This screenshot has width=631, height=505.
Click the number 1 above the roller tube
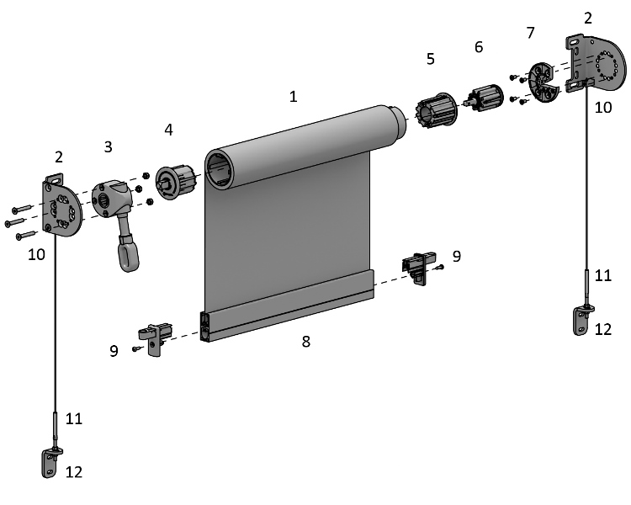click(293, 97)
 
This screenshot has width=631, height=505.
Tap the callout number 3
click(108, 146)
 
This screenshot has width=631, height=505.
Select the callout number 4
click(168, 130)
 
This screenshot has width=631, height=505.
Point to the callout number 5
click(430, 59)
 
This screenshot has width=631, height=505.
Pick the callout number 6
click(479, 47)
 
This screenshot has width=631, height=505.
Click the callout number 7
click(529, 33)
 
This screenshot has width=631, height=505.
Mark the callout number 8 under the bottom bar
click(305, 342)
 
